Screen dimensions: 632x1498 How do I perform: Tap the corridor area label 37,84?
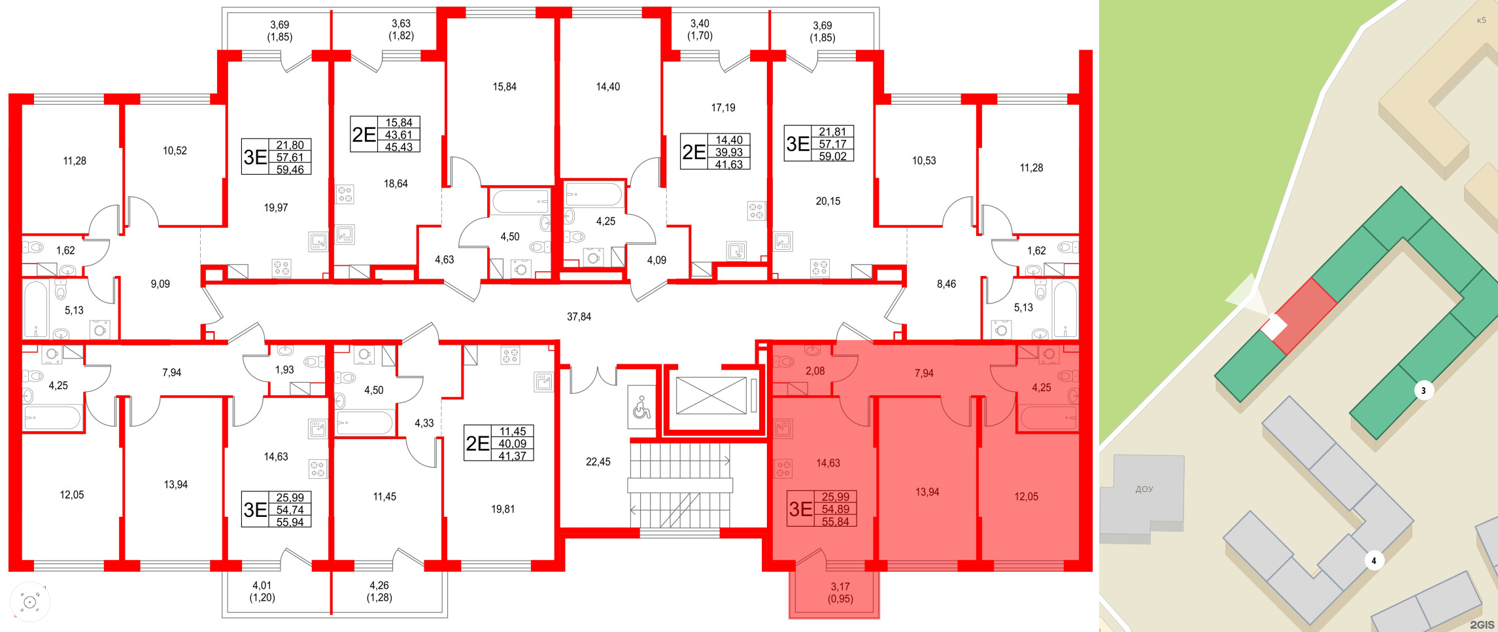point(579,317)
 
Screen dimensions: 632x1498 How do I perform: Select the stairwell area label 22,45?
point(598,462)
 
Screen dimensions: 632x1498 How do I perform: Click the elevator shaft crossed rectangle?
point(711,395)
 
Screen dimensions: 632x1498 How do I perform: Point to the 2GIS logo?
point(1482,625)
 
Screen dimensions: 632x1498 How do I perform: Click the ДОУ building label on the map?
point(1144,489)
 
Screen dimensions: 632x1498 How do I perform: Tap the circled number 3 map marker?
point(1423,391)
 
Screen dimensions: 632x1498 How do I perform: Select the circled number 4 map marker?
point(1374,561)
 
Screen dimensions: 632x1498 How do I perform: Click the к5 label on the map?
point(1481,20)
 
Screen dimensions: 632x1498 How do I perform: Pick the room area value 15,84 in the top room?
point(504,86)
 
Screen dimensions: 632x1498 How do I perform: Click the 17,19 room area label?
point(723,107)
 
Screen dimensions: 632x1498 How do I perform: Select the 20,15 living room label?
point(828,202)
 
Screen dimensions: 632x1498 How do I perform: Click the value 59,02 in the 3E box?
point(832,156)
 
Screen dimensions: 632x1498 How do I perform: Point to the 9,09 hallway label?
point(160,284)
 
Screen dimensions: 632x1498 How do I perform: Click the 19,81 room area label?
point(503,509)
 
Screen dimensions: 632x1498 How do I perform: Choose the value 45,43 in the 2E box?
point(399,147)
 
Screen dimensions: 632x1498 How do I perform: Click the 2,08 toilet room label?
point(815,371)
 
